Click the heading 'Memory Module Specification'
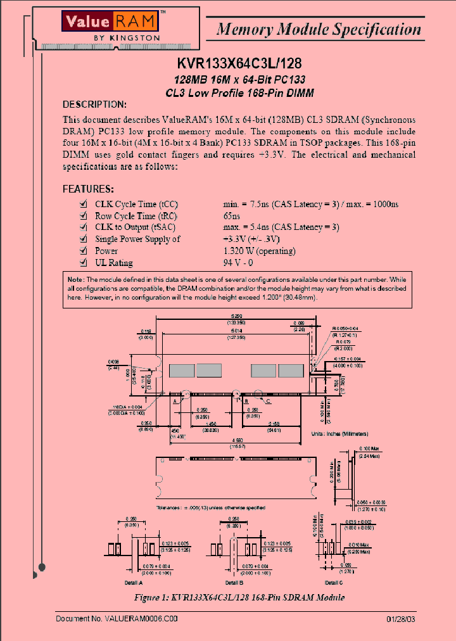click(x=319, y=29)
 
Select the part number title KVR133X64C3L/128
click(x=239, y=64)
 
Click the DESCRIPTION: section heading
click(x=94, y=104)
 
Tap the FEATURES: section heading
click(x=88, y=189)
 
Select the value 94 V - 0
click(x=238, y=263)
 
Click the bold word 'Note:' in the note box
click(x=75, y=279)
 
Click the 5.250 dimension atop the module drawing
click(x=236, y=315)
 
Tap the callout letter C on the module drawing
click(x=269, y=401)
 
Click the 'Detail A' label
click(x=133, y=581)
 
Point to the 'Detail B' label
click(x=232, y=581)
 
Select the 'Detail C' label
click(x=334, y=581)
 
